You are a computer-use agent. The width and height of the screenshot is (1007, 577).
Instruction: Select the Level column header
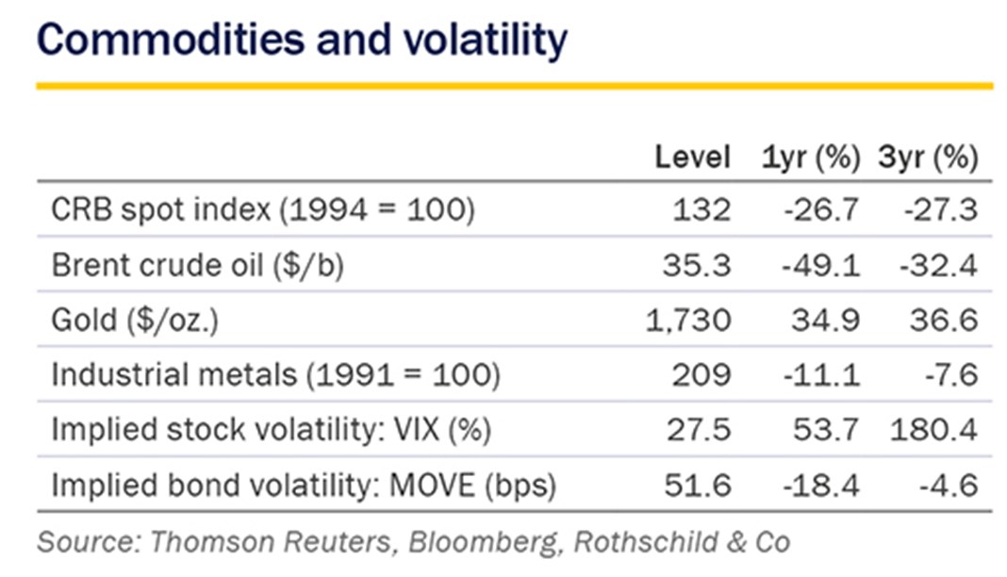693,157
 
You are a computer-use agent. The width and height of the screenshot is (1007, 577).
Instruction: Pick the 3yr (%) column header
928,157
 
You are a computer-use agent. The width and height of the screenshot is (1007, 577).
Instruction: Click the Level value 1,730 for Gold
688,320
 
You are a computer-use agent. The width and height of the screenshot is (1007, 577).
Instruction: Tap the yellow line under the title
514,86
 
